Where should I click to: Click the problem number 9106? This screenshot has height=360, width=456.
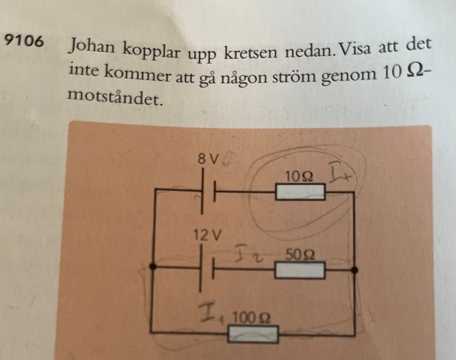point(24,42)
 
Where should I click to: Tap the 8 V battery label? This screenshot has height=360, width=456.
point(208,159)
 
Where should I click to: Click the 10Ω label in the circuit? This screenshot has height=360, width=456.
point(299,177)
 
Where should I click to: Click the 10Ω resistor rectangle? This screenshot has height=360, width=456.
point(300,192)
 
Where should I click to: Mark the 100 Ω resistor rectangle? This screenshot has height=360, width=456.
point(253,334)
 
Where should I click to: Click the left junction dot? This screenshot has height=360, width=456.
point(152,268)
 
